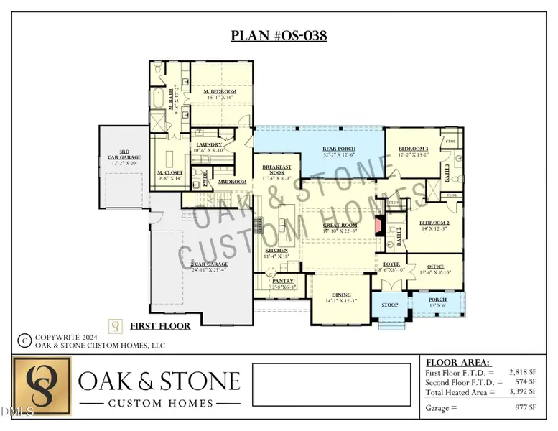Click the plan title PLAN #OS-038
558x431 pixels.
click(x=279, y=36)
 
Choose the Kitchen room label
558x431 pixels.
click(x=276, y=251)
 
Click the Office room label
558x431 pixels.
click(x=435, y=267)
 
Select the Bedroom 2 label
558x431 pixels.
click(x=434, y=223)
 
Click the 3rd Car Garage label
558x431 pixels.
click(x=124, y=155)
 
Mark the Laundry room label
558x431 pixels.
click(x=208, y=145)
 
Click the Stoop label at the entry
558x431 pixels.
click(x=389, y=305)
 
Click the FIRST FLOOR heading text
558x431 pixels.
click(x=160, y=327)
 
